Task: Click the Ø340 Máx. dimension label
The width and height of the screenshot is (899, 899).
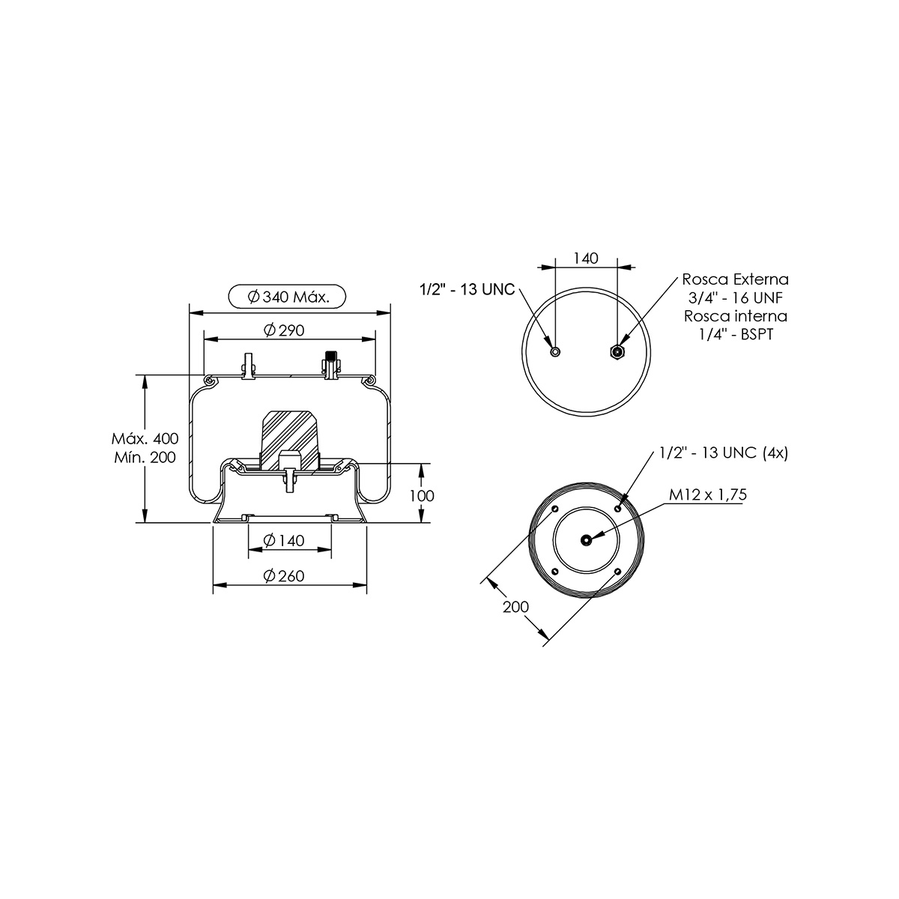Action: (x=288, y=297)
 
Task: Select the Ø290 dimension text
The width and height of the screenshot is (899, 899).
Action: (x=284, y=330)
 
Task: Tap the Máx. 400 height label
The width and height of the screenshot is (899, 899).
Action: (x=145, y=438)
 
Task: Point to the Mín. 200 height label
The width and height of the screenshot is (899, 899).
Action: (x=145, y=457)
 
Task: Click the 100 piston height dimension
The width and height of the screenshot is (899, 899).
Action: (x=422, y=495)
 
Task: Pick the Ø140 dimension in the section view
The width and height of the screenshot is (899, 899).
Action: (x=284, y=540)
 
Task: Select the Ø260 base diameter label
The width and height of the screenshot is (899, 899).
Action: (x=284, y=575)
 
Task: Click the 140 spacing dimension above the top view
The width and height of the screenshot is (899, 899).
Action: (x=586, y=258)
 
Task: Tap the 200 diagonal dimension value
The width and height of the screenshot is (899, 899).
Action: (x=516, y=607)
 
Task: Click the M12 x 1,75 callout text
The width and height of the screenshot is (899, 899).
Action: (x=708, y=494)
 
